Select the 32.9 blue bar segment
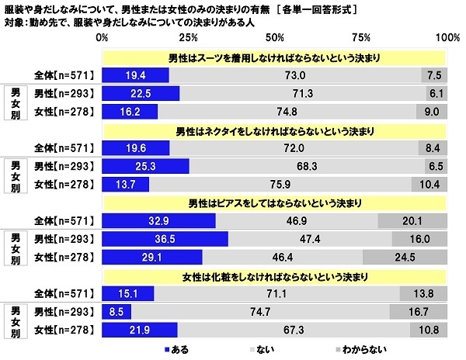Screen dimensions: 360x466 (x=159, y=220)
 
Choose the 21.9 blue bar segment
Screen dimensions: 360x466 (x=141, y=329)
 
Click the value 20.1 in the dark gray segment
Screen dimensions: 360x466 (x=412, y=220)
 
